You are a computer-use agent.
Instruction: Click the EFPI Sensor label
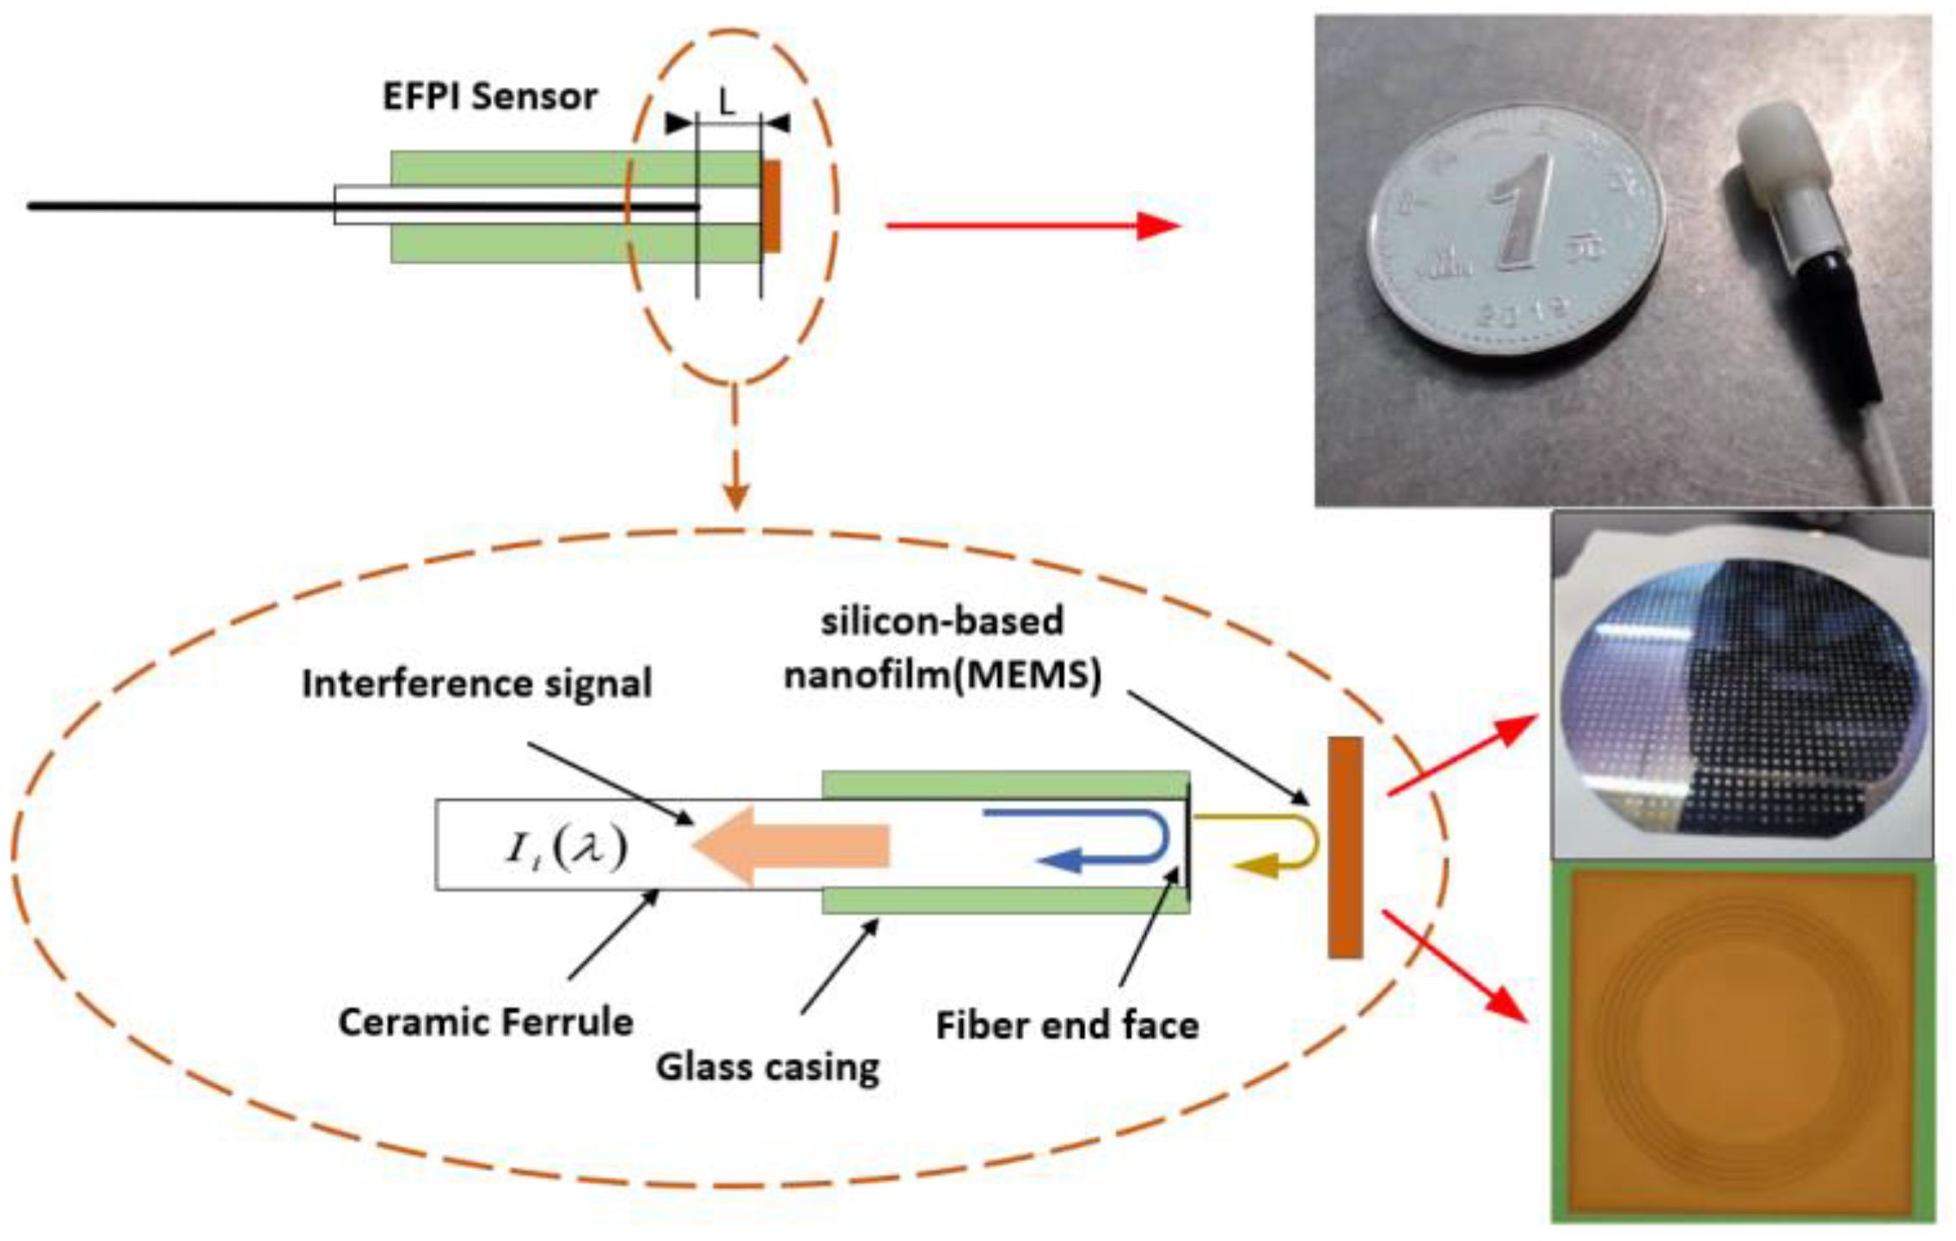(489, 97)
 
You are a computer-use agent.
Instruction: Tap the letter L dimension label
(727, 103)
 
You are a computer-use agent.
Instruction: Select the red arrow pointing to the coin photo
(1032, 225)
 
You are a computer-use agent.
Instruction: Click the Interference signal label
(476, 685)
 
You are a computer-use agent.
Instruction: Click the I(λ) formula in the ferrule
(566, 848)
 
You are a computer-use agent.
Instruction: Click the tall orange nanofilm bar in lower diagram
(1345, 847)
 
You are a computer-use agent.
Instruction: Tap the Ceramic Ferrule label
(486, 1023)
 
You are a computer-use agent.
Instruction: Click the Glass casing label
(768, 1067)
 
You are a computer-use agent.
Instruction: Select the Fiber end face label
(1067, 1026)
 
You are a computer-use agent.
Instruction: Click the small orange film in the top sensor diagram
(772, 206)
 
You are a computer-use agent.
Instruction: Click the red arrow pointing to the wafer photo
(1462, 757)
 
